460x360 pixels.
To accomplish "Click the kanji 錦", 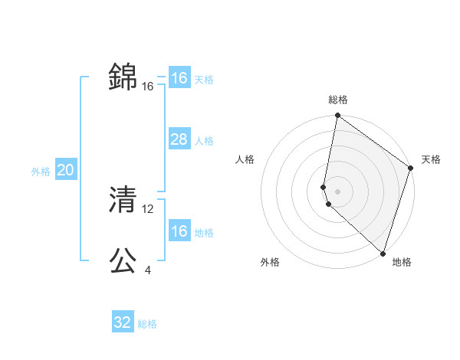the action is (x=123, y=77).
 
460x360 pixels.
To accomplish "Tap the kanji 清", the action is (x=123, y=200).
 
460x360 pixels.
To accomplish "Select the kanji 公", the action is (x=123, y=261).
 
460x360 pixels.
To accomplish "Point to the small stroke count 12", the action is (x=148, y=208).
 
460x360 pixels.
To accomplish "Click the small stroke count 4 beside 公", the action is (x=147, y=270).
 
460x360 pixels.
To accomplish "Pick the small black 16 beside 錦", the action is (x=148, y=87).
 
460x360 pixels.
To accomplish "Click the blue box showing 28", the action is (x=179, y=139).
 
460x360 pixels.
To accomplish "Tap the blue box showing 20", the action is (x=65, y=170).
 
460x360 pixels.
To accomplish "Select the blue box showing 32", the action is (x=123, y=322).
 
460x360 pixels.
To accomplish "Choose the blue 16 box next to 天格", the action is (x=179, y=78).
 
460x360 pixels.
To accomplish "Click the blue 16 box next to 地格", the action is (x=179, y=231).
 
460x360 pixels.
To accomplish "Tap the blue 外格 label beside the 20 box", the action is (x=41, y=172).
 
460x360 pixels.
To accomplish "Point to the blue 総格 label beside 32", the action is (x=147, y=324).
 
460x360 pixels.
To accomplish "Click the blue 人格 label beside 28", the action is (x=204, y=141).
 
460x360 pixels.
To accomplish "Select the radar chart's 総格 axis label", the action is (x=338, y=100).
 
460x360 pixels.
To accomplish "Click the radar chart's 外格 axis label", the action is (x=270, y=263).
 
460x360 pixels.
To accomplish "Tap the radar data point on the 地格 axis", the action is (x=383, y=254).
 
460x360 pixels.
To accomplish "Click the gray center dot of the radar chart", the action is (x=338, y=191).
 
